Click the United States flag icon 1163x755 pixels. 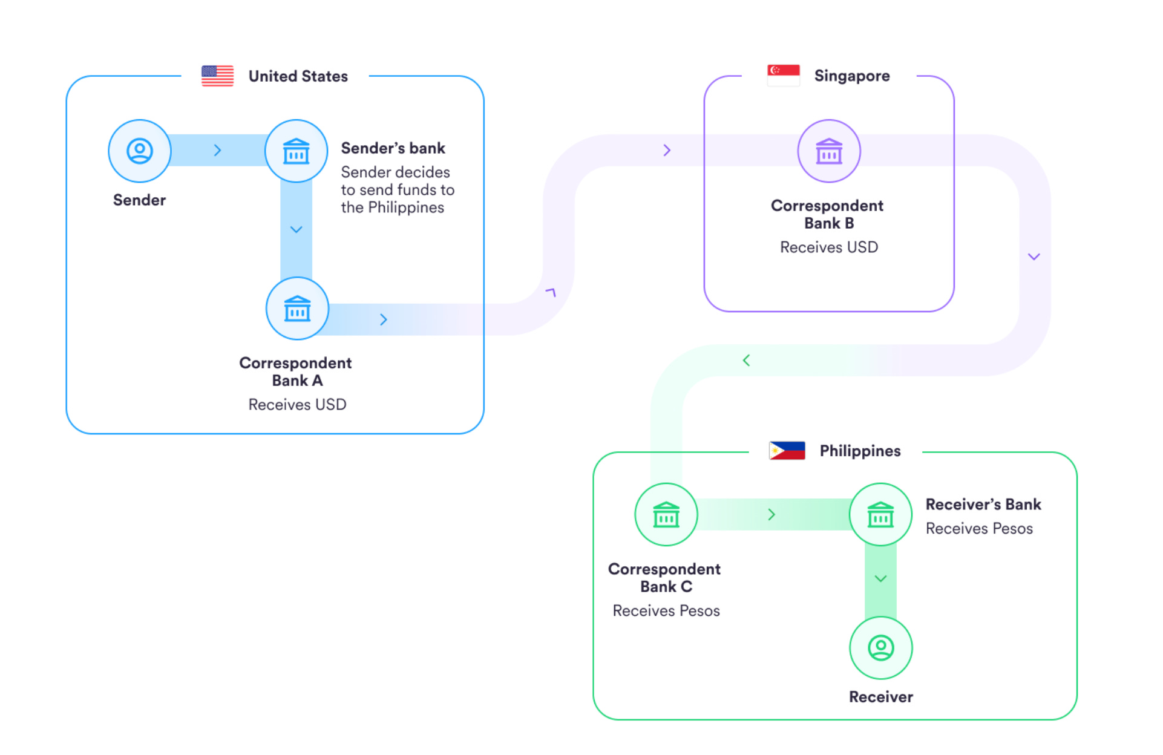point(217,76)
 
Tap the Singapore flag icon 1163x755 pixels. point(783,76)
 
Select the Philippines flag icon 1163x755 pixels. point(787,451)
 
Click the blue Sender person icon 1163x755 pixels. point(140,151)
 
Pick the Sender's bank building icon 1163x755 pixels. point(296,151)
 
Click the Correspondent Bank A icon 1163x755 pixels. point(297,309)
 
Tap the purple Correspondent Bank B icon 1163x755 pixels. point(829,151)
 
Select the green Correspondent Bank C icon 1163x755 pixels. point(666,515)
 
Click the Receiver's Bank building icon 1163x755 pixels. point(880,515)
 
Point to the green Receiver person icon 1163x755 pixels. point(881,648)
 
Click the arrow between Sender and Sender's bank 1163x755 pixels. point(218,151)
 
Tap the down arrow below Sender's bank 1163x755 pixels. point(296,230)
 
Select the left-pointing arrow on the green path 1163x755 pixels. point(747,361)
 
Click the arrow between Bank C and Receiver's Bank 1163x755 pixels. point(772,515)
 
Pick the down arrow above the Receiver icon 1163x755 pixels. point(881,579)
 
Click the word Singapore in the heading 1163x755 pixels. point(852,76)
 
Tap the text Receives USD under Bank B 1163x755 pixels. point(829,247)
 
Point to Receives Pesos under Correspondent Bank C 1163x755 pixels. point(666,611)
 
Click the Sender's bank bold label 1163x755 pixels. point(393,148)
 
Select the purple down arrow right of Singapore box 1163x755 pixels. point(1034,257)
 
